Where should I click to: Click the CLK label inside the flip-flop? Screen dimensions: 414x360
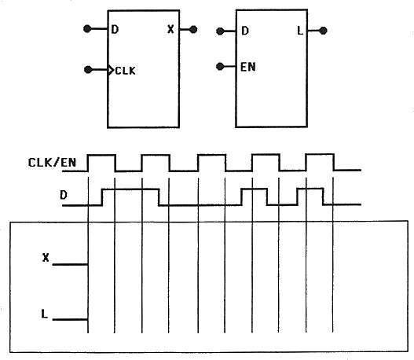[126, 71]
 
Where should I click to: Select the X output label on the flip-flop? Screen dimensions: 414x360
[170, 29]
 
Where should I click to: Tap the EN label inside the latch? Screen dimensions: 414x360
[248, 67]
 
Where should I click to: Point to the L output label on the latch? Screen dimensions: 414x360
[300, 31]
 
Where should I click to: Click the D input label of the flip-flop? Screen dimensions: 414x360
[115, 29]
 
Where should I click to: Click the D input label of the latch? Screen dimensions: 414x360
[245, 31]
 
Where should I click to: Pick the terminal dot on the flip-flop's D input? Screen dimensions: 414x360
[87, 28]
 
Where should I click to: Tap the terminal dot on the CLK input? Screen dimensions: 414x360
[88, 70]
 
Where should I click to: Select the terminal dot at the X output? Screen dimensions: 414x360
[193, 29]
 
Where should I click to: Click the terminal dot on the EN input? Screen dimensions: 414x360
[220, 66]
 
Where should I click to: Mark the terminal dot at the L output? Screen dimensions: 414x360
[323, 31]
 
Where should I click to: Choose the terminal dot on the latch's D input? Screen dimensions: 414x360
[220, 31]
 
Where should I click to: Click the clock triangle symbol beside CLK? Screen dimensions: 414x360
[111, 70]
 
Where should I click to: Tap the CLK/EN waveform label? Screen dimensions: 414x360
[52, 163]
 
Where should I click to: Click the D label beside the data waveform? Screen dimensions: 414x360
[64, 195]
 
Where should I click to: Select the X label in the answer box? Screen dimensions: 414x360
[46, 257]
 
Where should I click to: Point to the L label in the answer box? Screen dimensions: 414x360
[44, 314]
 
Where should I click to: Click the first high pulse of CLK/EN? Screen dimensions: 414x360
[101, 155]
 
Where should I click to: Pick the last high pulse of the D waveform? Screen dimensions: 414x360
[310, 189]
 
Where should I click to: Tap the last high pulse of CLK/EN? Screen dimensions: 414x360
[320, 154]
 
